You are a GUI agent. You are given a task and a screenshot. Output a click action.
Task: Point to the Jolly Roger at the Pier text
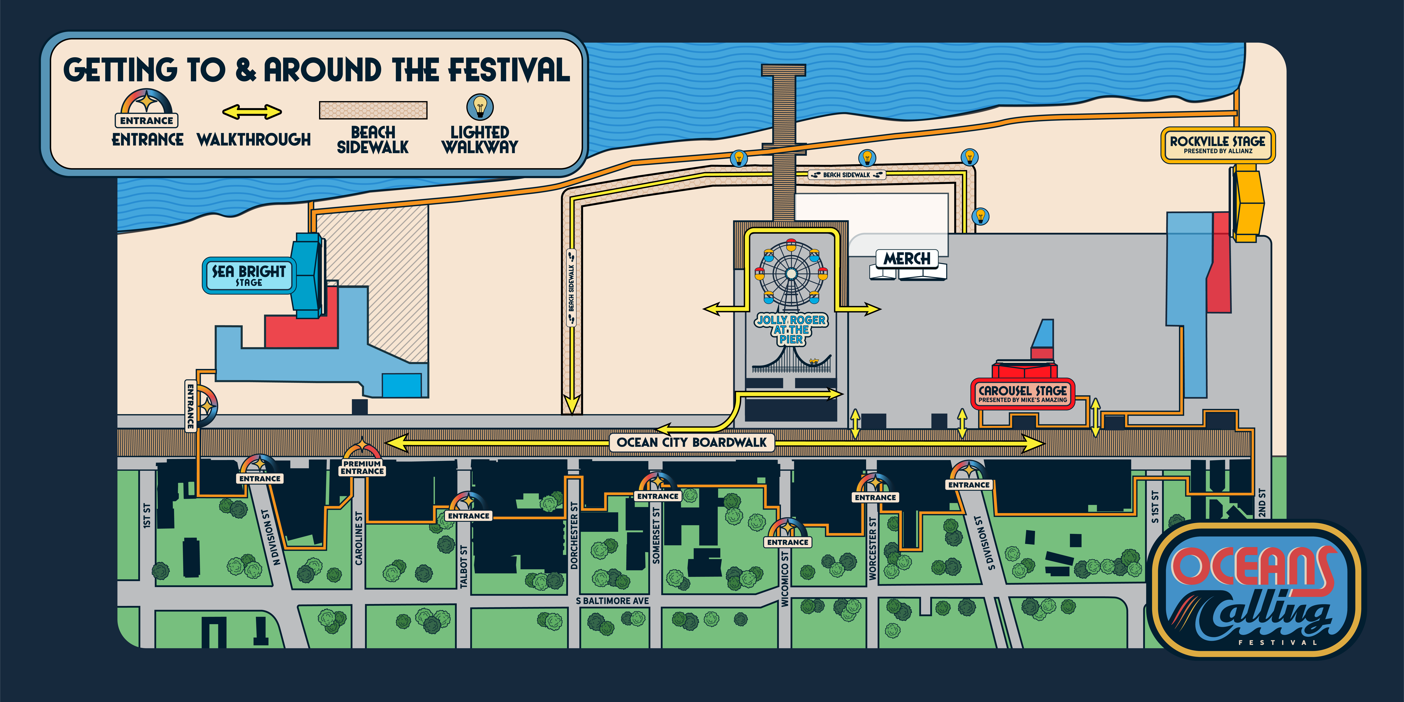pos(791,329)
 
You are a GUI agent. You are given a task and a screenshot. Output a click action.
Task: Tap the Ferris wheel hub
pos(791,273)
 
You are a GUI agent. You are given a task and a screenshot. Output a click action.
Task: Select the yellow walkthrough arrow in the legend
pos(252,112)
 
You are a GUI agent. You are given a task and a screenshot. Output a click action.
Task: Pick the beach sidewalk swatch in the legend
pos(373,110)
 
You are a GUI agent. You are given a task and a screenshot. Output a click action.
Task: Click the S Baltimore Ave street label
pos(613,601)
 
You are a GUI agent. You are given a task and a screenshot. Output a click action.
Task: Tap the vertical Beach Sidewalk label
pos(571,288)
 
